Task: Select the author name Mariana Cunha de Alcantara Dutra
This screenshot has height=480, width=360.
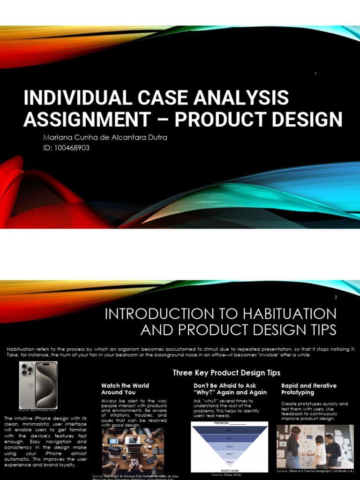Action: pyautogui.click(x=105, y=138)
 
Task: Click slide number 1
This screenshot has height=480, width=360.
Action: pyautogui.click(x=316, y=74)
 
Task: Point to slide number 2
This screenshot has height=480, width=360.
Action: pyautogui.click(x=336, y=297)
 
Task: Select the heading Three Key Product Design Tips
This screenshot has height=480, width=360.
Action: pyautogui.click(x=226, y=373)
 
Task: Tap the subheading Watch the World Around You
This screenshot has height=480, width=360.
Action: pyautogui.click(x=125, y=389)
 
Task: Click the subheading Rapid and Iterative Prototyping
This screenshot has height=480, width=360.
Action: pyautogui.click(x=308, y=389)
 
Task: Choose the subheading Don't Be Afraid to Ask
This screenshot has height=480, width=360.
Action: pyautogui.click(x=225, y=385)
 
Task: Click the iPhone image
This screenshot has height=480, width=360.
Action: pyautogui.click(x=38, y=384)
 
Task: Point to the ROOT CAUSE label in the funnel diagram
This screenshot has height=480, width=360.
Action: pyautogui.click(x=229, y=470)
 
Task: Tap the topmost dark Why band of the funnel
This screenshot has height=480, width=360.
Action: pyautogui.click(x=229, y=430)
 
